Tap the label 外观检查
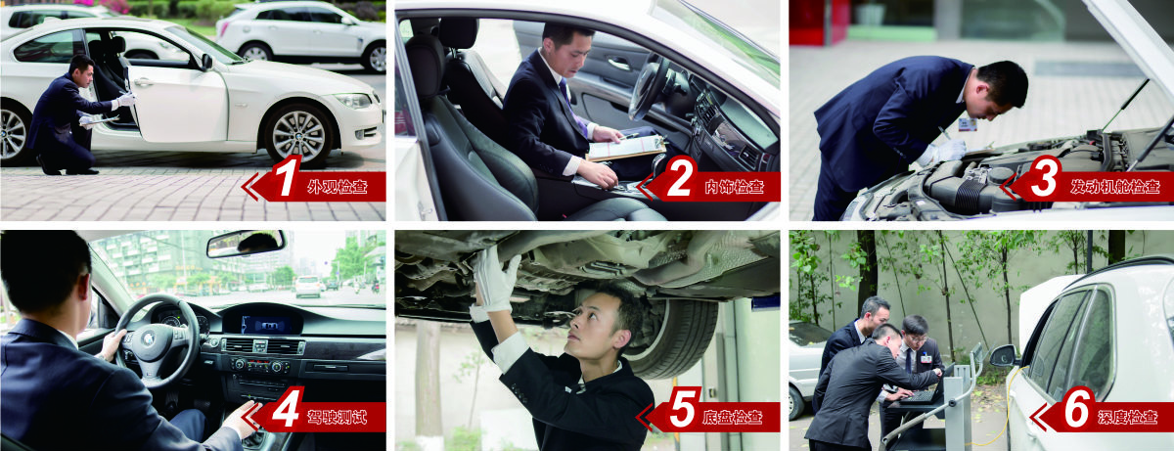click(338, 187)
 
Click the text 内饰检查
click(734, 187)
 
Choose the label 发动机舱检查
click(1114, 187)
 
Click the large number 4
click(287, 408)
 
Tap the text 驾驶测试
click(337, 417)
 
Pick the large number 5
click(682, 408)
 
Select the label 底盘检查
click(733, 417)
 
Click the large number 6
click(1077, 408)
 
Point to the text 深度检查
click(1128, 417)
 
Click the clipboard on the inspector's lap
click(625, 148)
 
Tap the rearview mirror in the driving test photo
click(246, 244)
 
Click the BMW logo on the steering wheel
click(149, 338)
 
